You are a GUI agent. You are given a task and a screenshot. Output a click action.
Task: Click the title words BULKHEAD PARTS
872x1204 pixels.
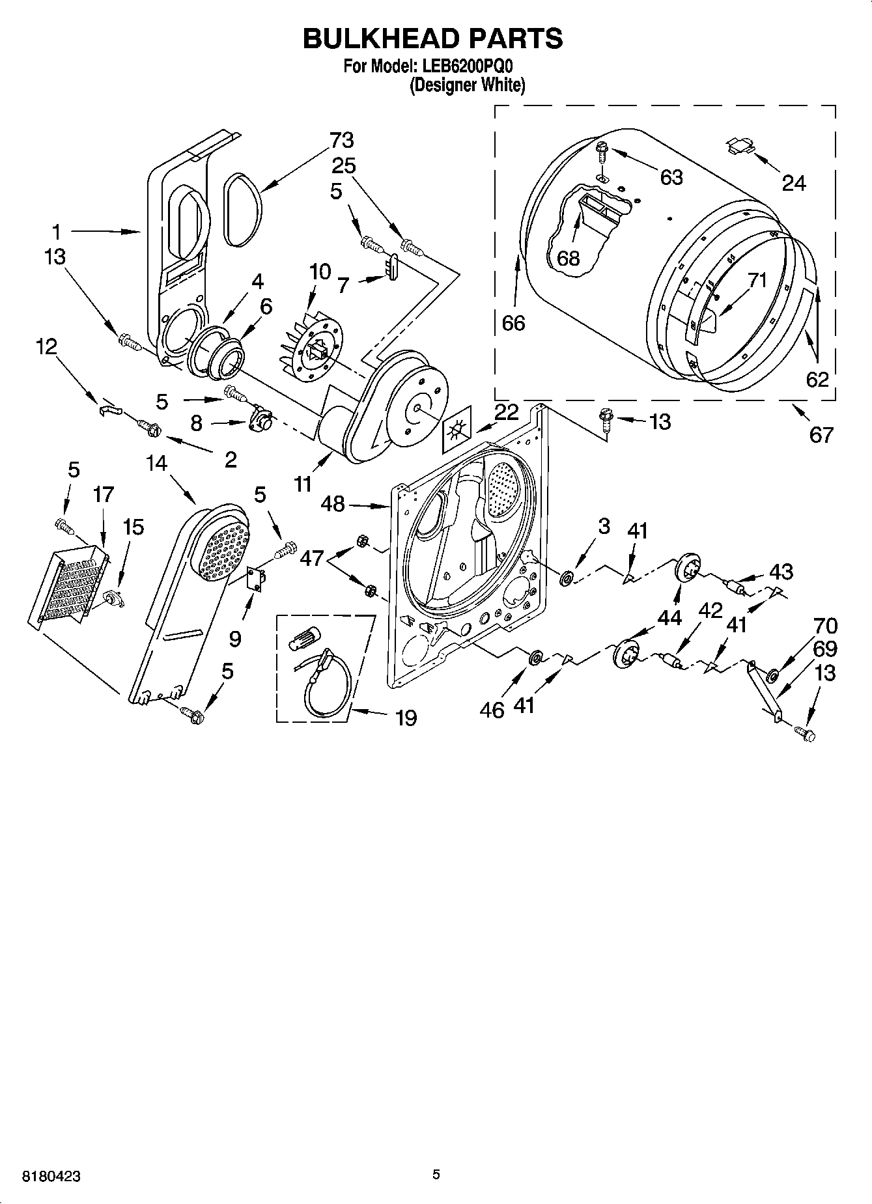pos(432,39)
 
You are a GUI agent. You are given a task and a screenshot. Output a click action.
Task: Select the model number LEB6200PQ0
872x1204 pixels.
pos(467,66)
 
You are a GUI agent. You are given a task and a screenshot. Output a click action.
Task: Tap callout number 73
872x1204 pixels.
pos(341,140)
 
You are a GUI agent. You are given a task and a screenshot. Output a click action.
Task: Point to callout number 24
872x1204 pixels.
pos(793,184)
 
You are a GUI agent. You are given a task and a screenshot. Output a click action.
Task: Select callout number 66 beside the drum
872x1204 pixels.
pos(513,323)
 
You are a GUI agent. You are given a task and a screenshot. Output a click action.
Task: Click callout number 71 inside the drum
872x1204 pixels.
pos(757,281)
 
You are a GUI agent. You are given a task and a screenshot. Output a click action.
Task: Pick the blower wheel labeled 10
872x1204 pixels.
pos(310,341)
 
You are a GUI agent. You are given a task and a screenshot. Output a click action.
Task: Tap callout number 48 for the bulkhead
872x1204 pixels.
pos(333,503)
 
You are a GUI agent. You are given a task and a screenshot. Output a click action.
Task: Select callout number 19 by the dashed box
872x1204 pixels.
pos(406,718)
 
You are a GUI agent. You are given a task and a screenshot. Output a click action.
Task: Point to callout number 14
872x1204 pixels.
pos(156,464)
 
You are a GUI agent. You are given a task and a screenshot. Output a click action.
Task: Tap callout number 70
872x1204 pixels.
pos(825,626)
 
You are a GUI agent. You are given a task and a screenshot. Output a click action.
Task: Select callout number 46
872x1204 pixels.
pos(492,708)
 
